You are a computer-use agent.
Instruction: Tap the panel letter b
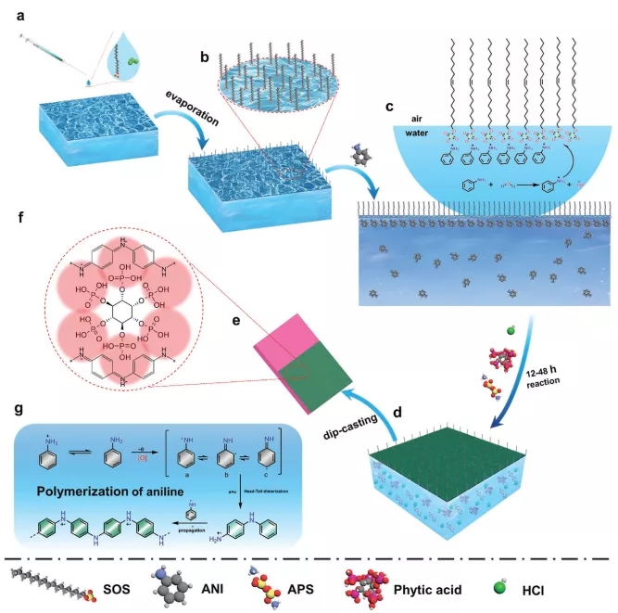point(206,57)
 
